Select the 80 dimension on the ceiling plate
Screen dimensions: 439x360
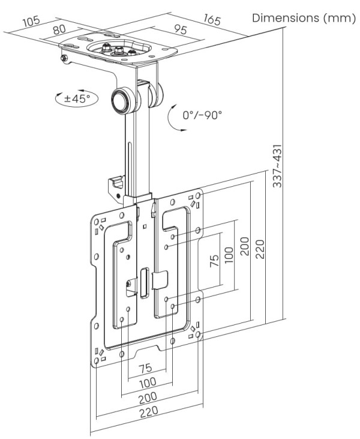coord(59,29)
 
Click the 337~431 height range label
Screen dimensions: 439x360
coord(278,166)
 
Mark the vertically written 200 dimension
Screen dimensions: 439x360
coord(245,246)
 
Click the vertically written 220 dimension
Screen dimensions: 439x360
coord(260,246)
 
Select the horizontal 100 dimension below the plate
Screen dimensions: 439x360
coord(147,382)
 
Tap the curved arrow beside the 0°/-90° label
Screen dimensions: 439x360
coord(173,118)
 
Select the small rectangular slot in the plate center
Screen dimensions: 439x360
coord(145,283)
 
